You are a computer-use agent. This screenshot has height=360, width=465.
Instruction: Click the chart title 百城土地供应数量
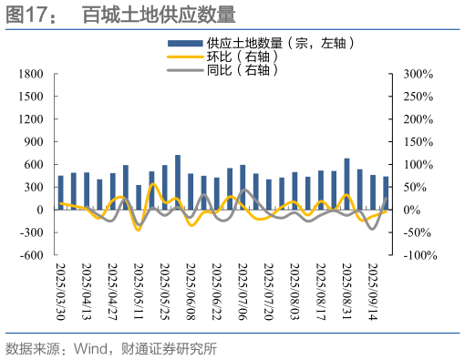tap(159, 15)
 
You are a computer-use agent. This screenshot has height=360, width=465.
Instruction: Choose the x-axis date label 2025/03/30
tap(61, 290)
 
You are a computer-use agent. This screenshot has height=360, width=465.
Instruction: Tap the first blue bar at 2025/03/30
tap(61, 192)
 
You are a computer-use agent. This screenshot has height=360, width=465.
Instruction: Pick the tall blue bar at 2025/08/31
tap(346, 184)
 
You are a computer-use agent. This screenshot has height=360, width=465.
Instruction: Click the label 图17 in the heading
tap(25, 15)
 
